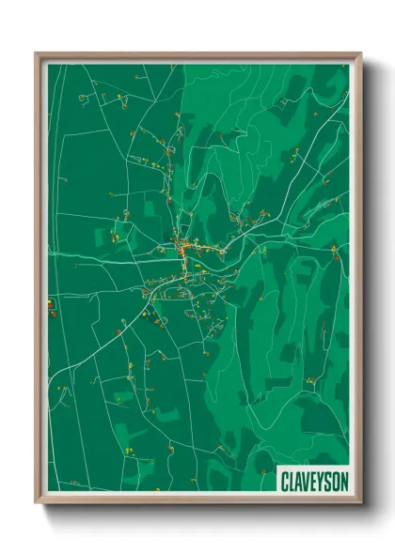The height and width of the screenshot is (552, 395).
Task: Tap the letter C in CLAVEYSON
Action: (x=284, y=481)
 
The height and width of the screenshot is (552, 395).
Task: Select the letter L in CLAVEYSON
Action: (x=292, y=481)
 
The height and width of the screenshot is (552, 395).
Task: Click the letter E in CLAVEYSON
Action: (x=313, y=481)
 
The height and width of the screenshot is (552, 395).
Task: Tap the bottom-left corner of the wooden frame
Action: (x=37, y=505)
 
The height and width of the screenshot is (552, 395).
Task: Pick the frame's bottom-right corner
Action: (x=360, y=505)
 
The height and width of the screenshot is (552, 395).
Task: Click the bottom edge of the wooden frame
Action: (x=198, y=503)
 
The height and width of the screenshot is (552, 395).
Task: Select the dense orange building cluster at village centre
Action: (x=184, y=248)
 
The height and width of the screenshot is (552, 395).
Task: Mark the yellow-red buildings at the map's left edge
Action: (x=50, y=303)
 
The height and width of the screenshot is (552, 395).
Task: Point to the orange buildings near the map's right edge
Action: (x=334, y=249)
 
